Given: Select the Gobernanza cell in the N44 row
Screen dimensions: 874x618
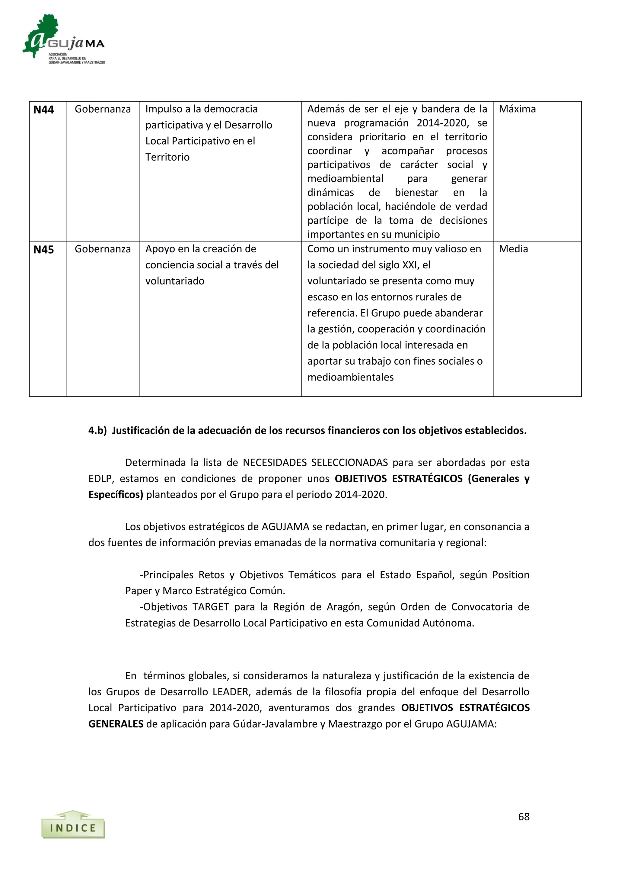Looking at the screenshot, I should click(103, 109).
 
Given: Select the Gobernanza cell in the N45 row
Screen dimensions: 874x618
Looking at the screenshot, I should click(103, 249).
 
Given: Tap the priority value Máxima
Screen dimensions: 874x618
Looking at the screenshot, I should click(517, 109).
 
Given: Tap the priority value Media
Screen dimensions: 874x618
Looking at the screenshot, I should click(513, 249).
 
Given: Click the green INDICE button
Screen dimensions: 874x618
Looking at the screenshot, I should click(73, 828).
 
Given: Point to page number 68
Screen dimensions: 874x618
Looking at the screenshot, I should click(524, 817).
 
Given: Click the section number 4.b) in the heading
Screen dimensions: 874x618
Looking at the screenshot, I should click(97, 431).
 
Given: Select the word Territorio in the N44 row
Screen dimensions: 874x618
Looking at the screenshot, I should click(167, 157).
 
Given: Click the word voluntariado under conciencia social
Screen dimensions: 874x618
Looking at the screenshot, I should click(175, 281).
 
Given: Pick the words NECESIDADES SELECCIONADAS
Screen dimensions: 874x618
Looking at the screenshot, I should click(315, 463).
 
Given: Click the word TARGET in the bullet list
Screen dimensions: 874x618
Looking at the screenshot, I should click(210, 607).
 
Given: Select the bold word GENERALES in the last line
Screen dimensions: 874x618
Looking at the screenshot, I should click(116, 724).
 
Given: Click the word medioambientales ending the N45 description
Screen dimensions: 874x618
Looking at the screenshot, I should click(350, 377).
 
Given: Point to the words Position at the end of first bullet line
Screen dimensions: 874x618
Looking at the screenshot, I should click(510, 575).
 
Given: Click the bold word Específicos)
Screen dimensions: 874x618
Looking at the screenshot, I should click(116, 494).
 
